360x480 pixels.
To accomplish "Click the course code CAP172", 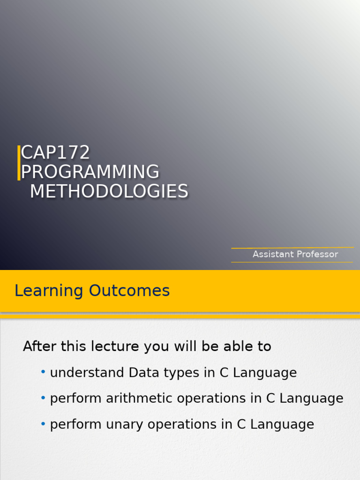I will point(55,153).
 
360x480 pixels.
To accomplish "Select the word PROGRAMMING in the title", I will point(90,172).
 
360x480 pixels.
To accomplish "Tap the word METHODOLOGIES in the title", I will point(109,191).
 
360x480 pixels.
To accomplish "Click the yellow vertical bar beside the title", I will point(19,163).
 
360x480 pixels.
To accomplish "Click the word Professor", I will point(317,254).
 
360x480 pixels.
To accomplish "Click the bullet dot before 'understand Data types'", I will point(43,372).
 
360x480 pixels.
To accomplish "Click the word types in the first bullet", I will point(174,374).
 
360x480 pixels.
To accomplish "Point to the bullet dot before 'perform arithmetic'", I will point(43,397).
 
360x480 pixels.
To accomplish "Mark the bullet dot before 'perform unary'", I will point(43,423).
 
